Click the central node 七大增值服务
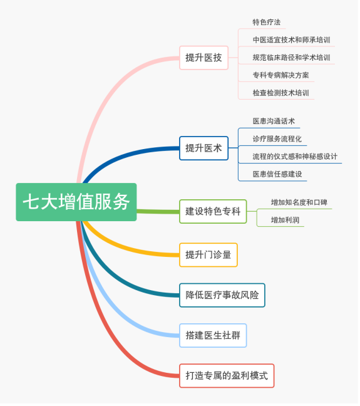pyautogui.click(x=76, y=202)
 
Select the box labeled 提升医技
pyautogui.click(x=204, y=58)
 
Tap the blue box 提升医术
pyautogui.click(x=204, y=148)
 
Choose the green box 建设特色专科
pyautogui.click(x=213, y=212)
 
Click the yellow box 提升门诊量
pyautogui.click(x=208, y=255)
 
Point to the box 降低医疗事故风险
pyautogui.click(x=222, y=296)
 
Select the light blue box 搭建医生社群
pyautogui.click(x=213, y=336)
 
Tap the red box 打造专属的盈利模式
pyautogui.click(x=227, y=376)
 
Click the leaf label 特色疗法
pyautogui.click(x=267, y=23)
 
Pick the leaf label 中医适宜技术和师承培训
pyautogui.click(x=291, y=40)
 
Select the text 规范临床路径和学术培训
pyautogui.click(x=291, y=58)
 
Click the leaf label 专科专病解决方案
pyautogui.click(x=281, y=75)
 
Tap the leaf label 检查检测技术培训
pyautogui.click(x=281, y=93)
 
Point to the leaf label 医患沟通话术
pyautogui.click(x=274, y=121)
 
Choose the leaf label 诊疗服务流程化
pyautogui.click(x=277, y=139)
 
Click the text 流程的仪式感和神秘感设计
pyautogui.click(x=295, y=157)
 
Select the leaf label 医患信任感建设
pyautogui.click(x=277, y=174)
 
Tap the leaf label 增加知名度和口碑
pyautogui.click(x=299, y=202)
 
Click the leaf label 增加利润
pyautogui.click(x=285, y=220)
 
